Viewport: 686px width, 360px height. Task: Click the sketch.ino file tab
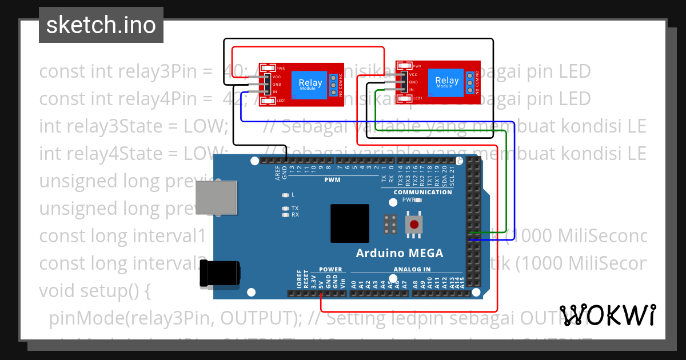101,25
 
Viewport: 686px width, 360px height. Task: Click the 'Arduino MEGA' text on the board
399,253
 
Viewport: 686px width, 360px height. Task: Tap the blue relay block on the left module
310,84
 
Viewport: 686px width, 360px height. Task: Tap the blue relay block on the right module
446,82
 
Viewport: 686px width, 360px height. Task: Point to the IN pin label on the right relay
412,90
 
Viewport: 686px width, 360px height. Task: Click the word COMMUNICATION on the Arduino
422,192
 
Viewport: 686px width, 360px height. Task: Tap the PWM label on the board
332,179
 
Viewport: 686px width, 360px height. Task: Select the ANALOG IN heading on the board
412,269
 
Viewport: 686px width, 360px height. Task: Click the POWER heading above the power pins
330,269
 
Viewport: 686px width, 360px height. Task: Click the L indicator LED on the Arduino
285,195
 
